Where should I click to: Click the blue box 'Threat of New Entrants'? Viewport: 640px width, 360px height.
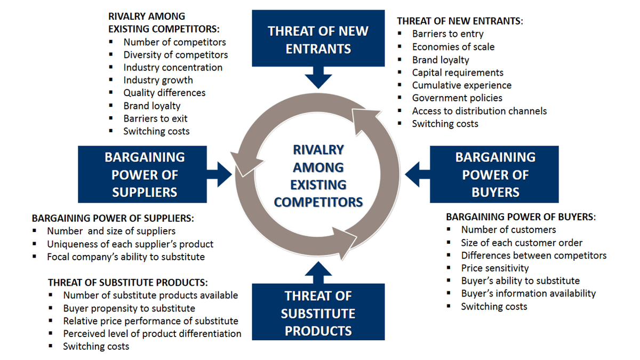pyautogui.click(x=318, y=39)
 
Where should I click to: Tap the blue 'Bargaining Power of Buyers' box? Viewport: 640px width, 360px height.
pyautogui.click(x=494, y=174)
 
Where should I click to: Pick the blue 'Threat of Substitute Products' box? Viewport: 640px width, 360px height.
pyautogui.click(x=318, y=313)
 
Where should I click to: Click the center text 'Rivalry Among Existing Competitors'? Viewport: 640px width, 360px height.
pyautogui.click(x=318, y=175)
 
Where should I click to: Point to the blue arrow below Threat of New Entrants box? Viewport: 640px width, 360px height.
pyautogui.click(x=318, y=78)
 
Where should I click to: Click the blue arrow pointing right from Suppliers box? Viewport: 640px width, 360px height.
pyautogui.click(x=220, y=172)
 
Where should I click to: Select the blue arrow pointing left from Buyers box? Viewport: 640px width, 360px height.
pyautogui.click(x=417, y=172)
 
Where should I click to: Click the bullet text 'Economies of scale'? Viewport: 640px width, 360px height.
pyautogui.click(x=453, y=47)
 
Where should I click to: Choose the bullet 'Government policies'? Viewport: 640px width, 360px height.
pyautogui.click(x=457, y=98)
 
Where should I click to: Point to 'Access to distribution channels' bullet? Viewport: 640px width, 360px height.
pyautogui.click(x=479, y=111)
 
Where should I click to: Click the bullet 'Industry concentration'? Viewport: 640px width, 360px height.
pyautogui.click(x=173, y=68)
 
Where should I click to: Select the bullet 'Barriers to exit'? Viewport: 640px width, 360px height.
pyautogui.click(x=155, y=118)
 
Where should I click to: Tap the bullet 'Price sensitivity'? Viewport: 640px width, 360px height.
pyautogui.click(x=494, y=268)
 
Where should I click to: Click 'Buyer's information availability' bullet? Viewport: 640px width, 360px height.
pyautogui.click(x=528, y=293)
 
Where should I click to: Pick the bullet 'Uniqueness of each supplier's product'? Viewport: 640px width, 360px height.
pyautogui.click(x=130, y=244)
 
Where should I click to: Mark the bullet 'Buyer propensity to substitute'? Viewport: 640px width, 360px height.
pyautogui.click(x=129, y=308)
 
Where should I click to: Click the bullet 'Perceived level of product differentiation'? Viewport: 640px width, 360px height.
pyautogui.click(x=152, y=334)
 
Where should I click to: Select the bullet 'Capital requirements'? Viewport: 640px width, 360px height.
pyautogui.click(x=457, y=73)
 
